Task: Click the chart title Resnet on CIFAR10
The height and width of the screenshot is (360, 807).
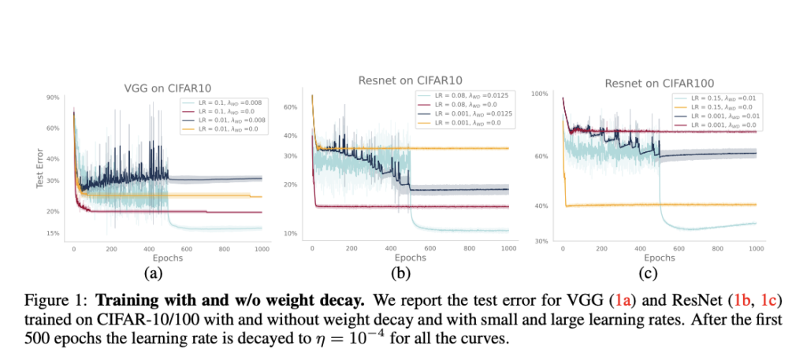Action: (409, 80)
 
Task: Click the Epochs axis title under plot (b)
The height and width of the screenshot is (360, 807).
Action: (410, 258)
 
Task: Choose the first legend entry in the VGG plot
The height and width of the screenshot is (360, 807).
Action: (222, 102)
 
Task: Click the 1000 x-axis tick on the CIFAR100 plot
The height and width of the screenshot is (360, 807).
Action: (755, 248)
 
